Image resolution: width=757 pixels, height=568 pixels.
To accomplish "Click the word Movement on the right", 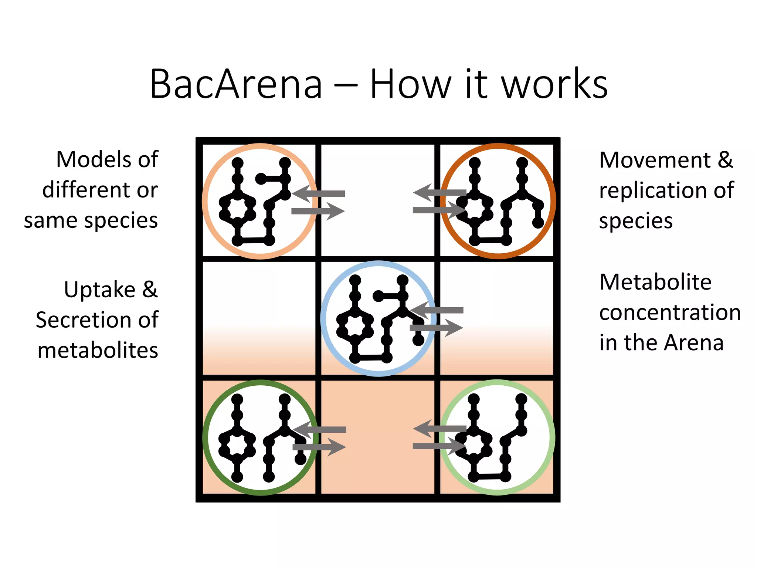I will (655, 160).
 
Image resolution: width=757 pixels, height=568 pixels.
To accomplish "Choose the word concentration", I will (670, 312).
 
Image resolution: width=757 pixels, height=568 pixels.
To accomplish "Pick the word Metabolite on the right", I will (655, 282).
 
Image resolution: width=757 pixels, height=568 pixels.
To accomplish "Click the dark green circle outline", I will (206, 438).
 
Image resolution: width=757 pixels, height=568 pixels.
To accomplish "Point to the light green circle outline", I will (553, 438).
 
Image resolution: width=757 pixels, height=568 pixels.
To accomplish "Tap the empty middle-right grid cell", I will (497, 288).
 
